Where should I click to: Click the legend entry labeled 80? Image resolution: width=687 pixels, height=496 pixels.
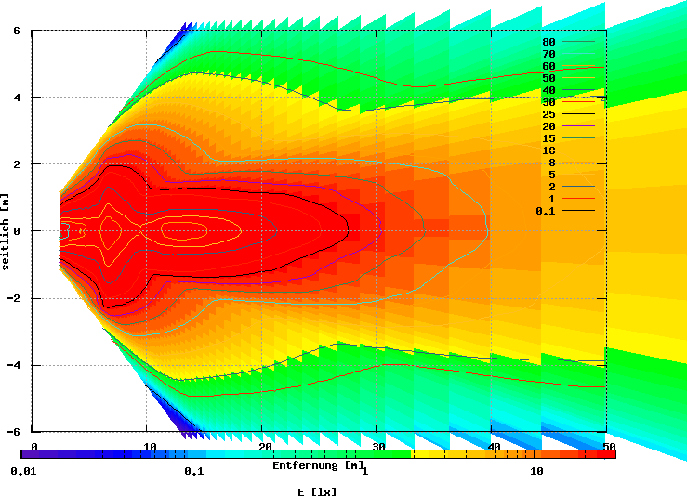pyautogui.click(x=548, y=42)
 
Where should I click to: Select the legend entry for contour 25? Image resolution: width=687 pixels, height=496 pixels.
pyautogui.click(x=548, y=114)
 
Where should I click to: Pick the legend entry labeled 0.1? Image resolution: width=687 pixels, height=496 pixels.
pyautogui.click(x=546, y=211)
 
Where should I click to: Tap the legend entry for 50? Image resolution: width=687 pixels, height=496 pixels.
pyautogui.click(x=548, y=78)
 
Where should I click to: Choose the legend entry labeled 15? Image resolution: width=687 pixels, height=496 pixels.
pyautogui.click(x=548, y=138)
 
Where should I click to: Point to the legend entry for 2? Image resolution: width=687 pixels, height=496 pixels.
pyautogui.click(x=551, y=187)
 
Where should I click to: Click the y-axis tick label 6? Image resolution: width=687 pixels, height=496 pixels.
pyautogui.click(x=16, y=31)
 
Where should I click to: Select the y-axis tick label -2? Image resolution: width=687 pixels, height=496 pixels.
pyautogui.click(x=14, y=298)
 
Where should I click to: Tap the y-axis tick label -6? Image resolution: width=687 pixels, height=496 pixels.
pyautogui.click(x=14, y=432)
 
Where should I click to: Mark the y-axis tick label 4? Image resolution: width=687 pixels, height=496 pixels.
pyautogui.click(x=16, y=98)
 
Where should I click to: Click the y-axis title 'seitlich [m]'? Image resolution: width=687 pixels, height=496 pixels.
pyautogui.click(x=7, y=231)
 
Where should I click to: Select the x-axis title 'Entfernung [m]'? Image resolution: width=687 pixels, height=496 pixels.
pyautogui.click(x=319, y=465)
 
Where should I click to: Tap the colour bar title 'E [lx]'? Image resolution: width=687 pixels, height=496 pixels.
pyautogui.click(x=317, y=491)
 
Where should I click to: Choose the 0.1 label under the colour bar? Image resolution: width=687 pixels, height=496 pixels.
pyautogui.click(x=193, y=471)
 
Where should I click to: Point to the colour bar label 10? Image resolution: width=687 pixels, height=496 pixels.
pyautogui.click(x=536, y=471)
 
